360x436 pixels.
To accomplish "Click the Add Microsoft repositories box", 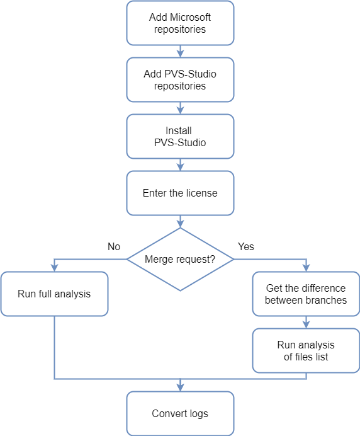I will [180, 23].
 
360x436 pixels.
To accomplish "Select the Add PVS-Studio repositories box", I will [180, 79].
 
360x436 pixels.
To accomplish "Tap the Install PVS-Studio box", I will [180, 136].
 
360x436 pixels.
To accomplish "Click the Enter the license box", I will [180, 193].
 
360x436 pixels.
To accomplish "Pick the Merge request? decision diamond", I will [180, 259].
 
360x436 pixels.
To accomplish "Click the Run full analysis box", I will [54, 294].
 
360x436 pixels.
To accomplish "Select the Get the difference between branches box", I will [306, 294].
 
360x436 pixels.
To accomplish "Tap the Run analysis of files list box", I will [306, 350].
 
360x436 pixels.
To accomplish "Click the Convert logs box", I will [180, 413].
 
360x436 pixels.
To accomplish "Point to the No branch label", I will [113, 246].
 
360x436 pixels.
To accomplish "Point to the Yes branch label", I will [246, 246].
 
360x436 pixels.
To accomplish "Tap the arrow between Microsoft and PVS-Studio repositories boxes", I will [181, 51].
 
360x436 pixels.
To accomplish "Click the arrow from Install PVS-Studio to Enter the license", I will [181, 165].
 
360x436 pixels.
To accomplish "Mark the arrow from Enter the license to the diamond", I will [181, 222].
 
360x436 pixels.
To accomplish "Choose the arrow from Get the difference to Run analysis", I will [306, 323].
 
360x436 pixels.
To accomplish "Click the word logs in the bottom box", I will [198, 413].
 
